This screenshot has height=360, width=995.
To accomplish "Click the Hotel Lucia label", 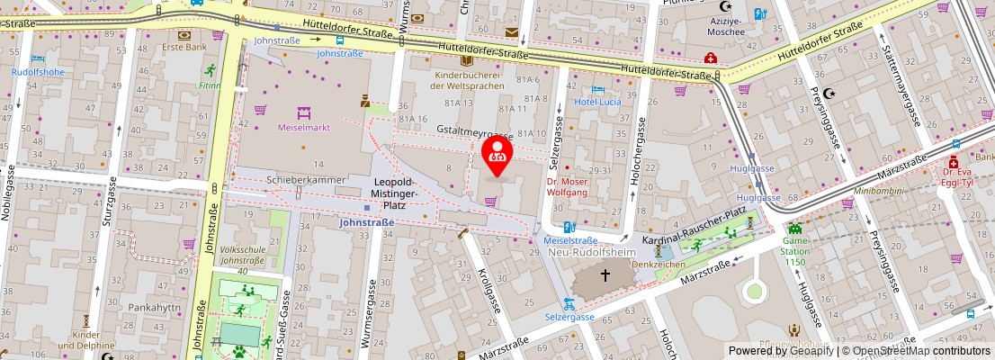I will pyautogui.click(x=599, y=103).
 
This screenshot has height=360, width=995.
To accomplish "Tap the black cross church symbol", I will pyautogui.click(x=605, y=274).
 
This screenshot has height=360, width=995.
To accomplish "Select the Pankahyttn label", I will pyautogui.click(x=154, y=307).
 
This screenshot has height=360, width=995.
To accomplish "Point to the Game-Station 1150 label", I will pyautogui.click(x=795, y=247).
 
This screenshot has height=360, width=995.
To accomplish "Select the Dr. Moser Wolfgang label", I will pyautogui.click(x=567, y=186).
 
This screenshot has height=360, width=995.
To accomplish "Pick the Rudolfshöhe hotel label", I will pyautogui.click(x=38, y=72).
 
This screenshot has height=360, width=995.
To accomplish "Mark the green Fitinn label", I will pyautogui.click(x=210, y=86).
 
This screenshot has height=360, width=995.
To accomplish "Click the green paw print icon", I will pyautogui.click(x=239, y=353).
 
